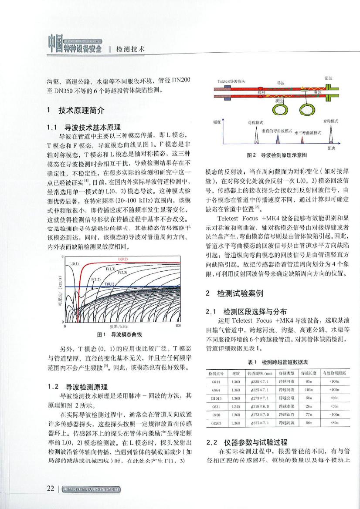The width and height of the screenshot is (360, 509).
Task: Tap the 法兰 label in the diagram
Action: pyautogui.click(x=329, y=77)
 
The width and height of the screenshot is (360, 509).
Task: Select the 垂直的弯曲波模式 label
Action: pyautogui.click(x=276, y=130)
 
